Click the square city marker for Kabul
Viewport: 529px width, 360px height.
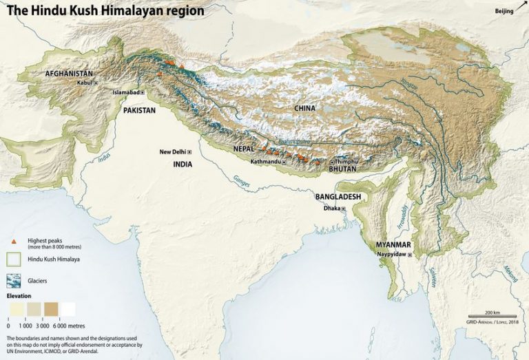coord(96,83)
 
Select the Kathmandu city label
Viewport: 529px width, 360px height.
coord(265,162)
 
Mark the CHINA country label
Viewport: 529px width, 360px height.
coord(304,108)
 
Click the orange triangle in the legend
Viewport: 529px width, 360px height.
coord(14,242)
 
